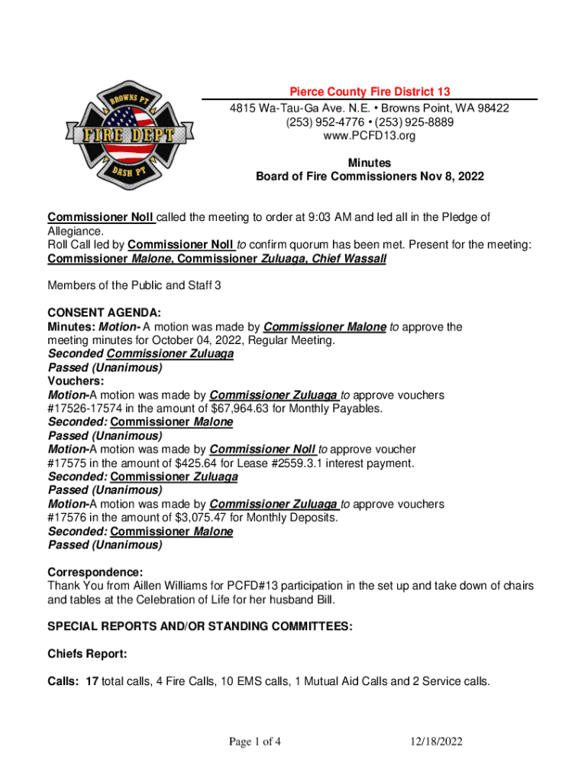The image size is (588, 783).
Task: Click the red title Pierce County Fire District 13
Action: click(369, 92)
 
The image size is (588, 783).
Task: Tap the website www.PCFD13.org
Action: click(370, 136)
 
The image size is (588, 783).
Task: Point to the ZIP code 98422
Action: click(493, 108)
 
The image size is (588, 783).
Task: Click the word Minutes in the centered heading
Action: click(370, 163)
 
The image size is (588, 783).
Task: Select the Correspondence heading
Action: click(95, 572)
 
